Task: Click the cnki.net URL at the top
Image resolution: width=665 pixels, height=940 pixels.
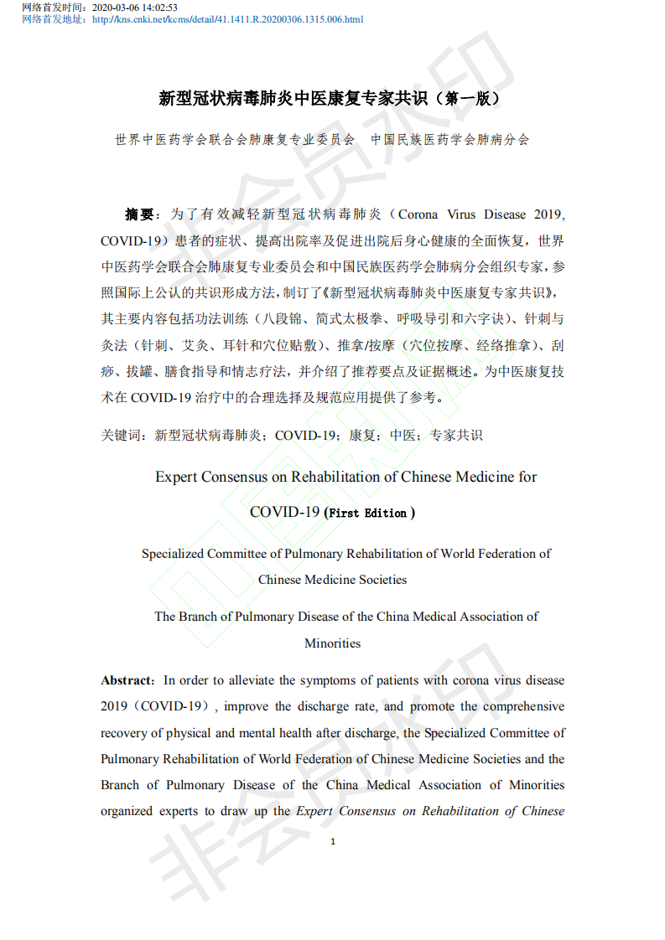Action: pyautogui.click(x=227, y=19)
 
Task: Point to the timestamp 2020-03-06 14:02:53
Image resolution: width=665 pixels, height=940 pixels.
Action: pyautogui.click(x=134, y=8)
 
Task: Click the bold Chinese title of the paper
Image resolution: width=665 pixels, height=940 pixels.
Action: pyautogui.click(x=331, y=99)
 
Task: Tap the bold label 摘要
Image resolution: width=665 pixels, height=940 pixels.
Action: pyautogui.click(x=139, y=214)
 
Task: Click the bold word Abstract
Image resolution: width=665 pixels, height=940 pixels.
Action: pyautogui.click(x=127, y=680)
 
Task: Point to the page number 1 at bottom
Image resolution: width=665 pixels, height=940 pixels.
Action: pyautogui.click(x=333, y=841)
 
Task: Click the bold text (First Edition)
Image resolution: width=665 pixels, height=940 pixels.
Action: pyautogui.click(x=369, y=514)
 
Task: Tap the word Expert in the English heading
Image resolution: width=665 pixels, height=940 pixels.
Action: pyautogui.click(x=176, y=477)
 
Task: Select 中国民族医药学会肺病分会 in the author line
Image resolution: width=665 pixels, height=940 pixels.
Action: pyautogui.click(x=450, y=140)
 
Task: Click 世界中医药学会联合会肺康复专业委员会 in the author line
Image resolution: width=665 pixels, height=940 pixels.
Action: pyautogui.click(x=235, y=140)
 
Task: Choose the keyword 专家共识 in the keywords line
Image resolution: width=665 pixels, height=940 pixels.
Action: pyautogui.click(x=456, y=436)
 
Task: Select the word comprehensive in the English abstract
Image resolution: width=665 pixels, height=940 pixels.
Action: pyautogui.click(x=523, y=706)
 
